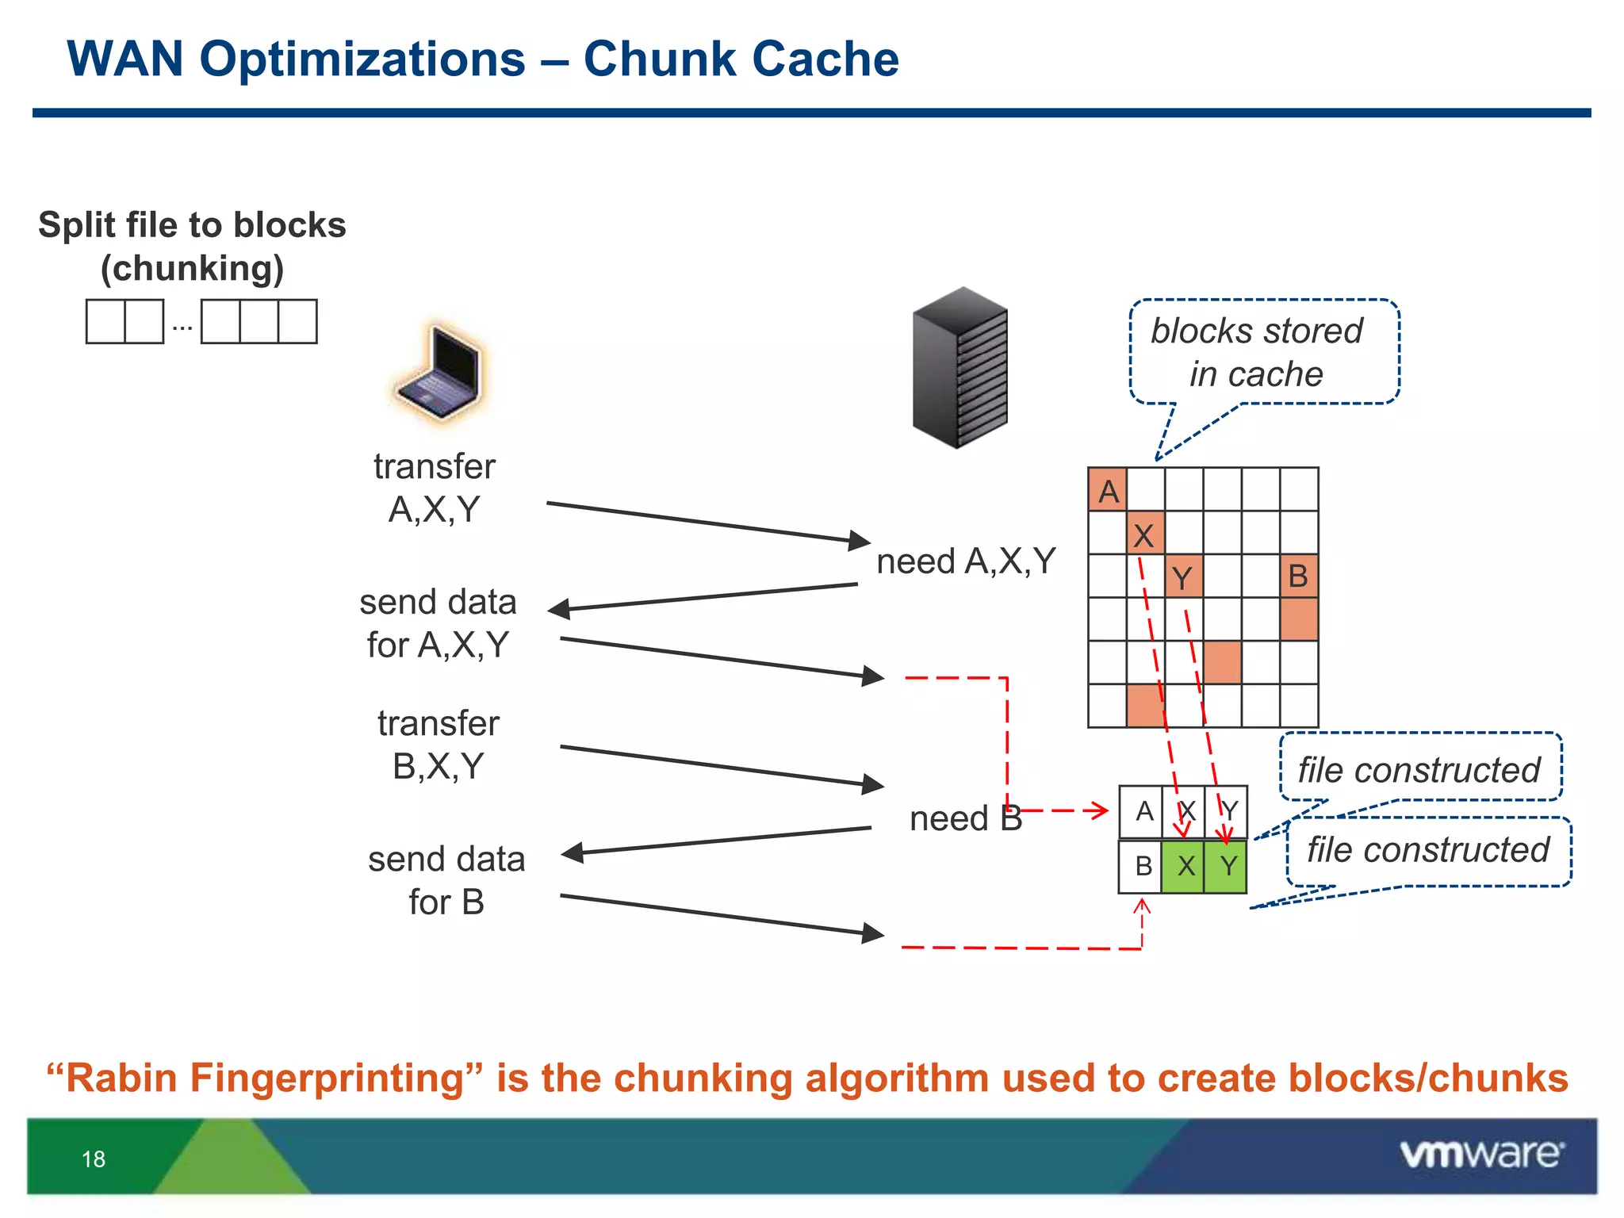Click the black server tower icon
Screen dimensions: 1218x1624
(x=959, y=367)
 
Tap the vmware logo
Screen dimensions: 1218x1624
(x=1481, y=1154)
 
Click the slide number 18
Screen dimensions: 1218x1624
(x=94, y=1159)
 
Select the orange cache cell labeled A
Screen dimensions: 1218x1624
(x=1107, y=490)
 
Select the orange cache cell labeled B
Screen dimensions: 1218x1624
(x=1298, y=576)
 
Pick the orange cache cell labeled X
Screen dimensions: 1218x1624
(x=1145, y=533)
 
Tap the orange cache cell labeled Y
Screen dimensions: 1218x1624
(x=1183, y=576)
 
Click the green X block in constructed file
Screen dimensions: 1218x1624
(x=1183, y=866)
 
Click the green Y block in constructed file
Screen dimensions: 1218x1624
(x=1227, y=866)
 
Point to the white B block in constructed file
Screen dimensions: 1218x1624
(x=1141, y=866)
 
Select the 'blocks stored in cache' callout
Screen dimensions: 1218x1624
(x=1262, y=352)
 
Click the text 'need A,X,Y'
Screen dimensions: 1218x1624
(x=965, y=561)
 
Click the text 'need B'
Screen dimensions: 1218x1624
(x=965, y=818)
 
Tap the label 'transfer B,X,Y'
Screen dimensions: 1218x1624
(x=438, y=745)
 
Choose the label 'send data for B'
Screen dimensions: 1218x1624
(x=446, y=880)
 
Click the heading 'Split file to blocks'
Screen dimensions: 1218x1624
(x=192, y=225)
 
